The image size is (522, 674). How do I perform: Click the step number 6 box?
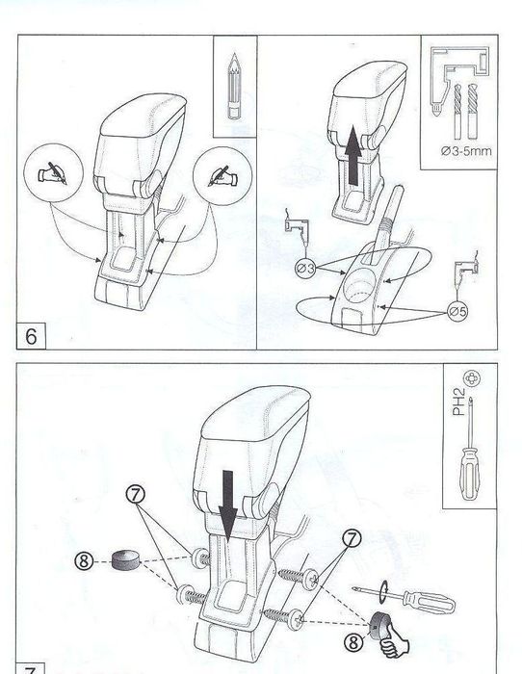(31, 336)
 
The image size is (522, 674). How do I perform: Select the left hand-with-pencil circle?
(53, 172)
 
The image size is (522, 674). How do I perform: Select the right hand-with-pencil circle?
(222, 176)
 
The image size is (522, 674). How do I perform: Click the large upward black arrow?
(353, 156)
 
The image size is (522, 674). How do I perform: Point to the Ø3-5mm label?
(466, 151)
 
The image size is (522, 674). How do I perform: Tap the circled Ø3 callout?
(305, 269)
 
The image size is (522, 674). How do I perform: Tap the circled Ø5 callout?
(457, 311)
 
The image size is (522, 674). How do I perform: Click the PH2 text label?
(458, 402)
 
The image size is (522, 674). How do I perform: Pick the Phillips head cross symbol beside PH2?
(472, 378)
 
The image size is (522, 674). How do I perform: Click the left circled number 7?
(136, 495)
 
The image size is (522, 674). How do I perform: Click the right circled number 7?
(352, 537)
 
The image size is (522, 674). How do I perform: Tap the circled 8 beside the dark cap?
(84, 561)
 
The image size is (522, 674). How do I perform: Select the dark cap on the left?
(126, 559)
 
